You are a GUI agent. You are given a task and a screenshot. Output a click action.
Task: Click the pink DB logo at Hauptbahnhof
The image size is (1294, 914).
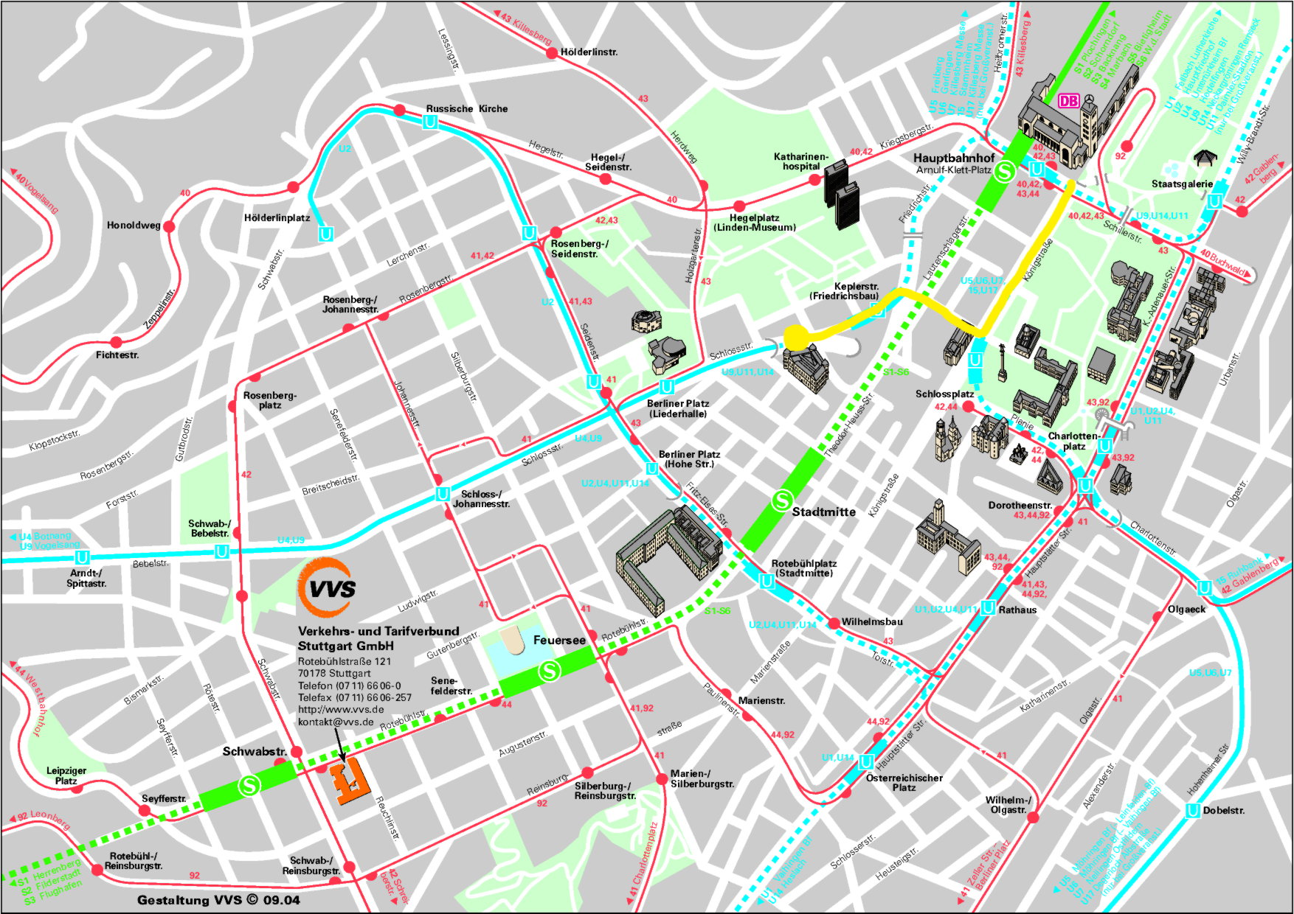[1068, 101]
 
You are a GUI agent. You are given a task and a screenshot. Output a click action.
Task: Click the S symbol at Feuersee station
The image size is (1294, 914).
[549, 671]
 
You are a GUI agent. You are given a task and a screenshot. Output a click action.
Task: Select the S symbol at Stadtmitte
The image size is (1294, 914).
[781, 501]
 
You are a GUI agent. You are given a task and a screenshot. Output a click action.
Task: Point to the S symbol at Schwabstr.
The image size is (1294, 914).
[249, 786]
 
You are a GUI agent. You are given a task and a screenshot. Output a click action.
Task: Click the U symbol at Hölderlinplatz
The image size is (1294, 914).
[325, 234]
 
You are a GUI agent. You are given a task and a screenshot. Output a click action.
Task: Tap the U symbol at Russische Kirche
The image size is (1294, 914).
[430, 123]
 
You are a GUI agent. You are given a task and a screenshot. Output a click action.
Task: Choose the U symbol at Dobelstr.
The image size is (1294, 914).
[1192, 811]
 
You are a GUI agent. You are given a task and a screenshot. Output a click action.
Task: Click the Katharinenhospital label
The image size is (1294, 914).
[800, 161]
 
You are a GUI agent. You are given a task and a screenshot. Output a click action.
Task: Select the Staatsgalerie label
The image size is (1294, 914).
[1182, 184]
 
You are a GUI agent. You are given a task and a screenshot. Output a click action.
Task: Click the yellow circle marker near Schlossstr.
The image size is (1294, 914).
[795, 337]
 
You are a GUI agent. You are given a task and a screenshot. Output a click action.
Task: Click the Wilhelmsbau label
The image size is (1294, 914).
[871, 621]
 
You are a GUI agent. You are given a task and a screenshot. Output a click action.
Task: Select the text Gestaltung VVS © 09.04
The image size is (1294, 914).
[218, 900]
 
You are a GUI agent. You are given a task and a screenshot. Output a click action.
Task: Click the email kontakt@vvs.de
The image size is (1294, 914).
[335, 722]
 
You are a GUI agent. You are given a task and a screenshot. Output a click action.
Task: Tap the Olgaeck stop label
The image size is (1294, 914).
[1186, 609]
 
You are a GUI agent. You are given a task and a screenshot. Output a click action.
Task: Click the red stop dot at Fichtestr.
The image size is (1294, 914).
[116, 342]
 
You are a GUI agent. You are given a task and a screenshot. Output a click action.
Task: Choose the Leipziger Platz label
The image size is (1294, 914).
[66, 775]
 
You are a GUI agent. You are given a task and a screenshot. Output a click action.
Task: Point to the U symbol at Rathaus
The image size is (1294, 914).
[989, 608]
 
